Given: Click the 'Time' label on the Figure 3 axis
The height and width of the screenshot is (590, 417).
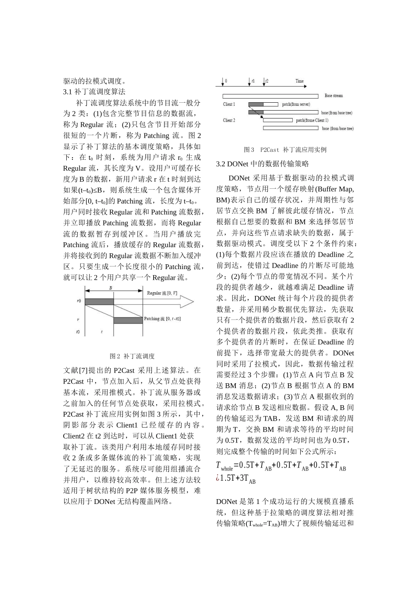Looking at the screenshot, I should click(299, 81).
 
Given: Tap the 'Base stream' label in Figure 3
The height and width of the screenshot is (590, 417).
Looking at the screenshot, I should click(334, 96).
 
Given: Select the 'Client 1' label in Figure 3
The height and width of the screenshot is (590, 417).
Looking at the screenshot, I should click(229, 104).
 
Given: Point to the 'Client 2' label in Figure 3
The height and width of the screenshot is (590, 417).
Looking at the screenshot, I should click(229, 120).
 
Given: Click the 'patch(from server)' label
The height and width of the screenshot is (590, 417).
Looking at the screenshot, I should click(296, 104).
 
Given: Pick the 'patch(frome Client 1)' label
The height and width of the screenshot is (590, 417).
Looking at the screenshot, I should click(312, 120).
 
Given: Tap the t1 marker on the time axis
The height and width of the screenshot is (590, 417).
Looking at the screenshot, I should click(253, 81).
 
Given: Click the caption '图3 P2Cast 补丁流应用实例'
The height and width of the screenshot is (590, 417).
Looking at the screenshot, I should click(285, 150).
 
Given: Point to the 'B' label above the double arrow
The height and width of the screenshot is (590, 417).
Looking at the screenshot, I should click(111, 288).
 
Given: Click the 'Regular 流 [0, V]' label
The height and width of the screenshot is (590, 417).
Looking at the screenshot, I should click(162, 293).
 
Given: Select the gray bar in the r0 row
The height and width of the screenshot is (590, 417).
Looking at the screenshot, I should click(99, 302).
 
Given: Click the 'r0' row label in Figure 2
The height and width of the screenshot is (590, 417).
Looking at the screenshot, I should click(79, 301).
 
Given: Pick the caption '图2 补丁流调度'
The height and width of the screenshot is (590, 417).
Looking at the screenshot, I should click(132, 356).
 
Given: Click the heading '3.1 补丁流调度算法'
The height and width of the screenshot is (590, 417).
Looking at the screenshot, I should click(94, 92).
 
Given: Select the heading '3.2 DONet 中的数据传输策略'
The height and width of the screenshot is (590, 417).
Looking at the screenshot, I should click(262, 164).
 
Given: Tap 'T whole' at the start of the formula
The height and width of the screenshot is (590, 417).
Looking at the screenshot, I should click(224, 466).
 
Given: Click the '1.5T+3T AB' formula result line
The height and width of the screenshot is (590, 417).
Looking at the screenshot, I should click(237, 479).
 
